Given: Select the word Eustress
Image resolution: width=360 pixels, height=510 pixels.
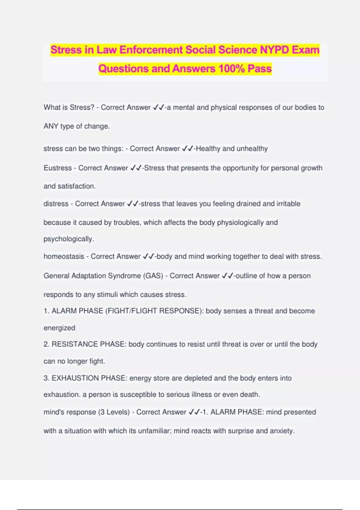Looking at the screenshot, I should click(58, 168).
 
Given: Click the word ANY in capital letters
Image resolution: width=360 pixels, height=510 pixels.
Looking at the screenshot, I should click(51, 126).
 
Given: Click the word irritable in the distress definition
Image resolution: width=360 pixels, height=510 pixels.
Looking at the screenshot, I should click(288, 204).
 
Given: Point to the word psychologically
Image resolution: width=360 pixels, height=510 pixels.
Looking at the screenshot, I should click(69, 239).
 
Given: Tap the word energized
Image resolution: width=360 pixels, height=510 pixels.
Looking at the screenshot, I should click(59, 328).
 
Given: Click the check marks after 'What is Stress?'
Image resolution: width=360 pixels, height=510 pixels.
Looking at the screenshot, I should click(158, 107).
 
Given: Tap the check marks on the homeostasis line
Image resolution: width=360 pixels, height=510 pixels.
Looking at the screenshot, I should click(148, 256).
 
